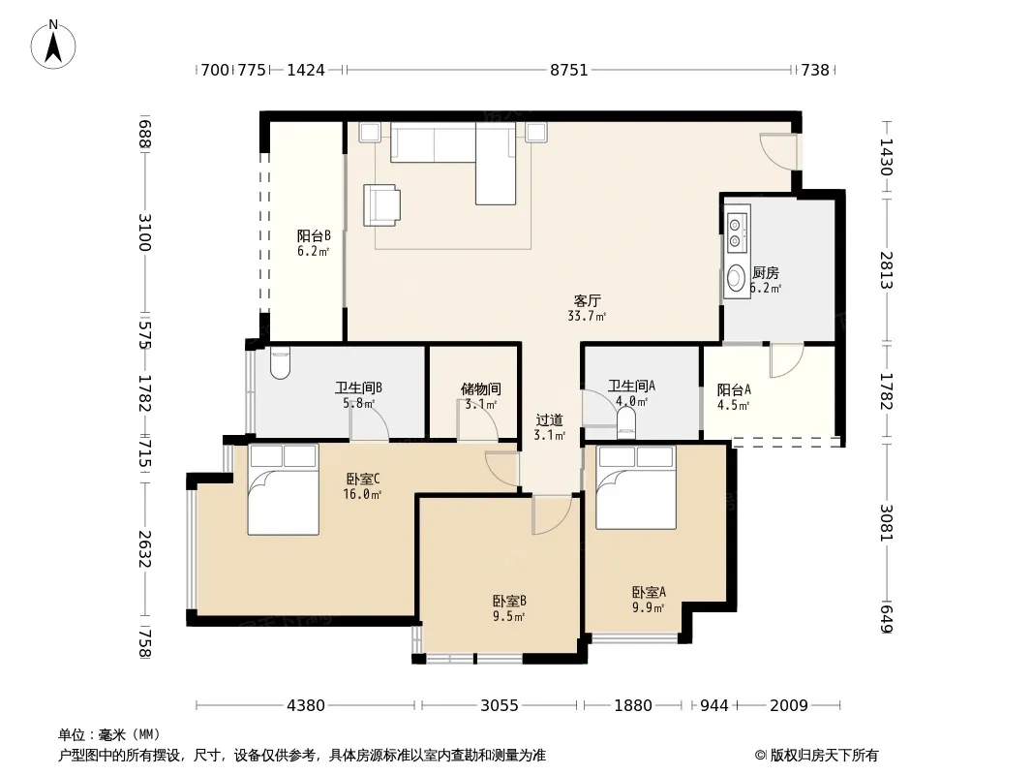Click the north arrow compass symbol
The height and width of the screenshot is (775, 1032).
53,45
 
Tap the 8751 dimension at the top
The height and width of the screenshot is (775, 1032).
568,70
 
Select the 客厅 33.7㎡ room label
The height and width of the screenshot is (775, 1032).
587,308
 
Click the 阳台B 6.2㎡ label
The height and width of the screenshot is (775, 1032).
314,243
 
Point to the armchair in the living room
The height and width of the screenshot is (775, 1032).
381,204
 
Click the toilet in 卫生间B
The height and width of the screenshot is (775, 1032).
280,363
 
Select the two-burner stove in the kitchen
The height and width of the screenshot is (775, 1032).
737,228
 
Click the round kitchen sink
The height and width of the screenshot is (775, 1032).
736,278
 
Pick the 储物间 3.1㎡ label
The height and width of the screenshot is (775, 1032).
480,396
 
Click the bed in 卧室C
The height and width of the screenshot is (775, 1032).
283,488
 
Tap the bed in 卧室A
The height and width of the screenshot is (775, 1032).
636,486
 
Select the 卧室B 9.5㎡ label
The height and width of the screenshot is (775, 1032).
509,608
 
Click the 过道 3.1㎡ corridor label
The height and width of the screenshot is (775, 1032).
550,427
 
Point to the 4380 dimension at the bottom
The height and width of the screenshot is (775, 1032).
306,706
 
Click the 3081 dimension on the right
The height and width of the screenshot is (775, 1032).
887,523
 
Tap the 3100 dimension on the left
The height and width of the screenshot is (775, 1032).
145,232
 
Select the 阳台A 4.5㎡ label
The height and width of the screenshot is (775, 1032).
734,397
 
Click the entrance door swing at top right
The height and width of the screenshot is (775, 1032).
777,151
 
